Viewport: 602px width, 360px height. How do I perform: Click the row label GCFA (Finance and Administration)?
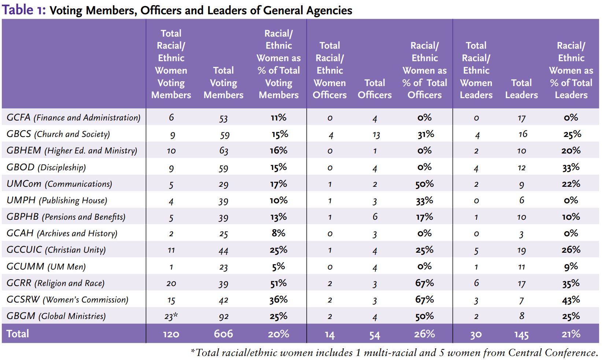pos(73,118)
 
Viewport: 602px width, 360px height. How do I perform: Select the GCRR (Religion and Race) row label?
pos(55,283)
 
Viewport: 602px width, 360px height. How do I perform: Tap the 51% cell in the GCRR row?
pos(278,283)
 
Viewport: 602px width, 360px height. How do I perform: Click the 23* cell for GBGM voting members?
pos(171,316)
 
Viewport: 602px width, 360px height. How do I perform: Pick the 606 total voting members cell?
pos(223,334)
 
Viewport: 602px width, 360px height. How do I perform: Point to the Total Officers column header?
pos(374,89)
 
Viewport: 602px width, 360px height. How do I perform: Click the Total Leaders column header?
pos(521,89)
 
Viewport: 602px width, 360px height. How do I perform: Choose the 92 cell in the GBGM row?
pos(223,316)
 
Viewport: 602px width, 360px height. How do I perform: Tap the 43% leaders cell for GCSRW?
pos(571,300)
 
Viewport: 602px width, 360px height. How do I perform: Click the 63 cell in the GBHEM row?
pos(223,151)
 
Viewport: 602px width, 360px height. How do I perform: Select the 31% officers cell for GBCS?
pos(425,134)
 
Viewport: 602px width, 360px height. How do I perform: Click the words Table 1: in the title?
pos(23,10)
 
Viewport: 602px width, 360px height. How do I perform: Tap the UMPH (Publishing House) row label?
pos(57,200)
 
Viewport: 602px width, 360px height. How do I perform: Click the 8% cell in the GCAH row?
pos(278,233)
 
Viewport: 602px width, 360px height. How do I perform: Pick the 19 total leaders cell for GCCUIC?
pos(521,250)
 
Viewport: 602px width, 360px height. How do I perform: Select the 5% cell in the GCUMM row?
pos(278,267)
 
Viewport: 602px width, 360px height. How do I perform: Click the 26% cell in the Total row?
pos(425,334)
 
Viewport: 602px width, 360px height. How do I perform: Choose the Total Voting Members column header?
pos(223,83)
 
